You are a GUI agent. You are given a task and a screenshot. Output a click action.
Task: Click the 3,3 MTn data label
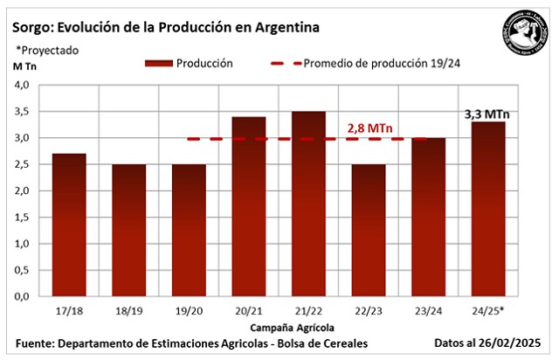coord(487,113)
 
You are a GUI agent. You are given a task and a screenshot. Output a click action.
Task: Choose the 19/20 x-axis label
coord(189,310)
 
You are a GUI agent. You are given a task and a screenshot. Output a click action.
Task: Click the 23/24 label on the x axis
coord(428,310)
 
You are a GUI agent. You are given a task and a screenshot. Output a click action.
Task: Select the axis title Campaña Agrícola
coord(279,326)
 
